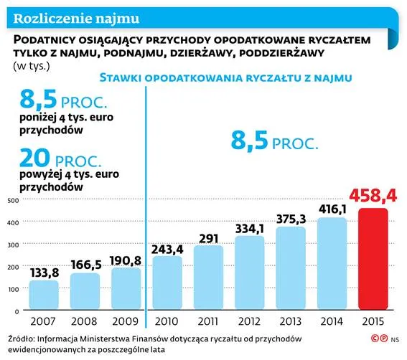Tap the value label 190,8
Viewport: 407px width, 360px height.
tap(125, 259)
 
